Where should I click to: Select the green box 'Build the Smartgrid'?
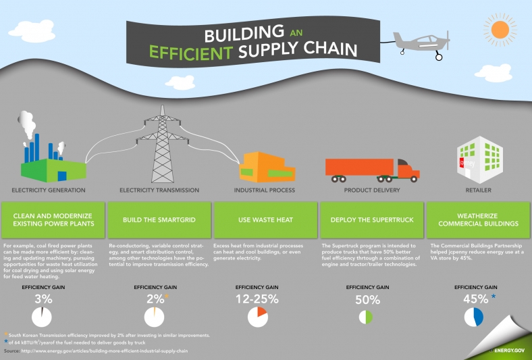pyautogui.click(x=159, y=220)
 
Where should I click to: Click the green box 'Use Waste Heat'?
pyautogui.click(x=265, y=220)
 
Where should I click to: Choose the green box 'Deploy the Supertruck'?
pyautogui.click(x=371, y=220)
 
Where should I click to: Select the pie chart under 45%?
pyautogui.click(x=473, y=317)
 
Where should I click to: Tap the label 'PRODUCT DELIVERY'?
pyautogui.click(x=372, y=190)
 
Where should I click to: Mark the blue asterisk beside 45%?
pyautogui.click(x=494, y=296)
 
